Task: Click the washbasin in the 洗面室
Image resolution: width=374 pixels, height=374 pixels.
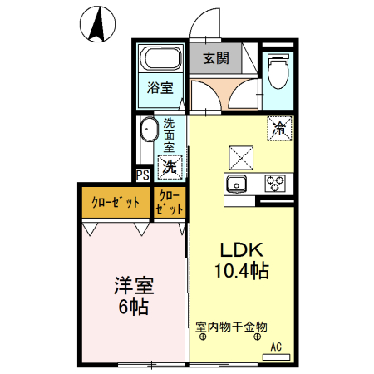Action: [x=150, y=132]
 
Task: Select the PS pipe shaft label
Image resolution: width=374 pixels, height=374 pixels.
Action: [x=142, y=175]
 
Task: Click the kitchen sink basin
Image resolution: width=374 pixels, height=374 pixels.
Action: [x=237, y=183]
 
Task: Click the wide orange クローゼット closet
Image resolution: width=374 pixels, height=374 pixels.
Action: [x=114, y=203]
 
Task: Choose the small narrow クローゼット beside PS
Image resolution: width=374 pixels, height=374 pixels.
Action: [x=170, y=203]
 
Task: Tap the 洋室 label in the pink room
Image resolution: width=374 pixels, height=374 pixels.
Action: [x=133, y=286]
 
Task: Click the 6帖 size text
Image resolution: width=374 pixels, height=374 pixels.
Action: [x=132, y=307]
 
